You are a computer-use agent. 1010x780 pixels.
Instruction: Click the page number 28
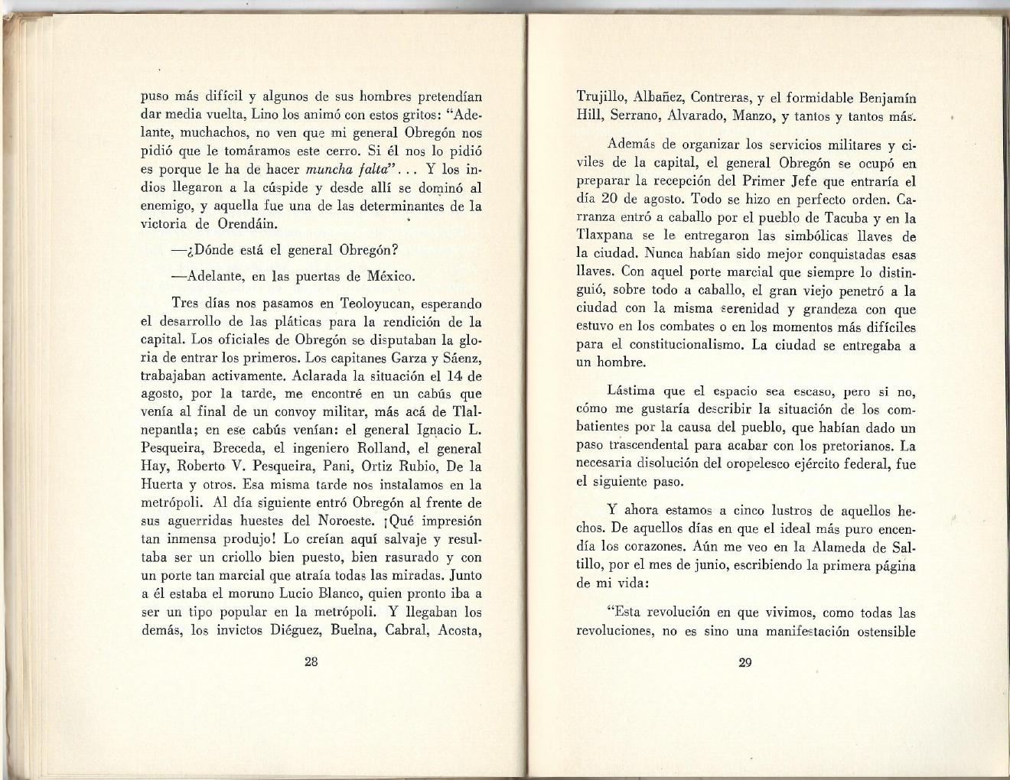311,662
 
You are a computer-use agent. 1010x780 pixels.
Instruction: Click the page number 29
744,662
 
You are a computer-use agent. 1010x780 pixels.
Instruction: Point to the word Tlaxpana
604,236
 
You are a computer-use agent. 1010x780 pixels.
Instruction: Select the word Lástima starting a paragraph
631,392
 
